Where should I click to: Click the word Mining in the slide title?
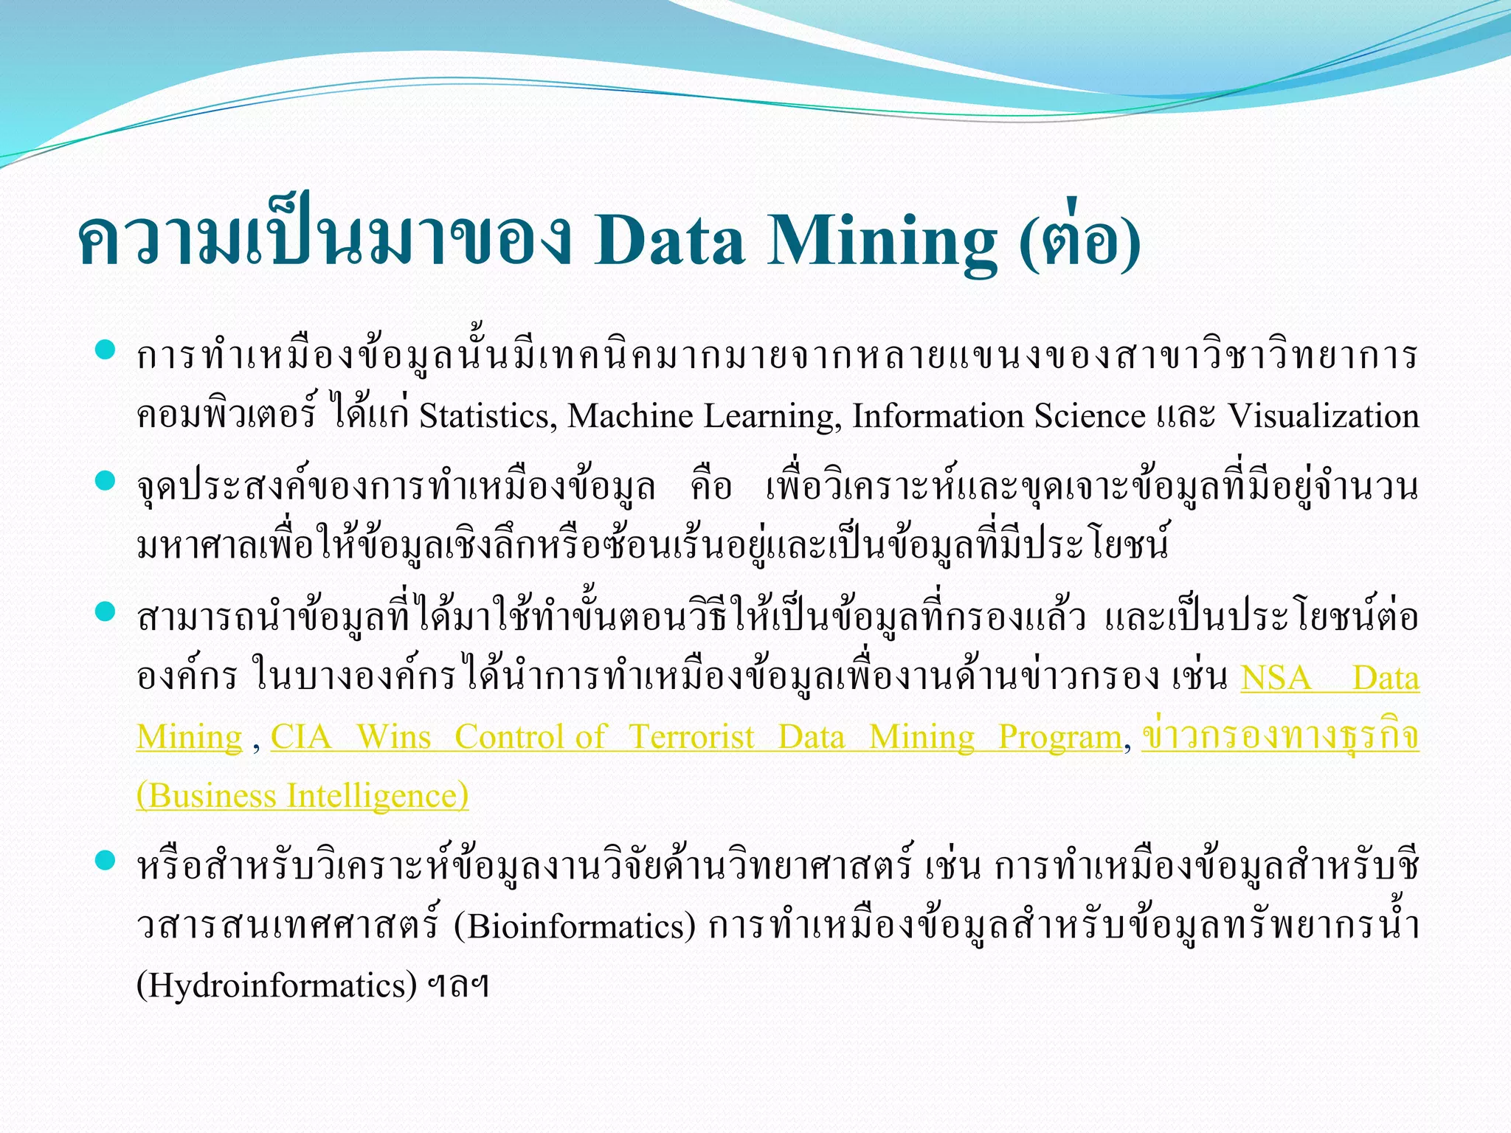882,241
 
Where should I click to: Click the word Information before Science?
937,416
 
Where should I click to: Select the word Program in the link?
1059,737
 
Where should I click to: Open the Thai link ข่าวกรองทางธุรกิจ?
1280,735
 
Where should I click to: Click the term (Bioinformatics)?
575,927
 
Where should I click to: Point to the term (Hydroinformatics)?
277,986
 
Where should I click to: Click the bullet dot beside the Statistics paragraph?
106,350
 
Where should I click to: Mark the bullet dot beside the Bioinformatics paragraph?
106,860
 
